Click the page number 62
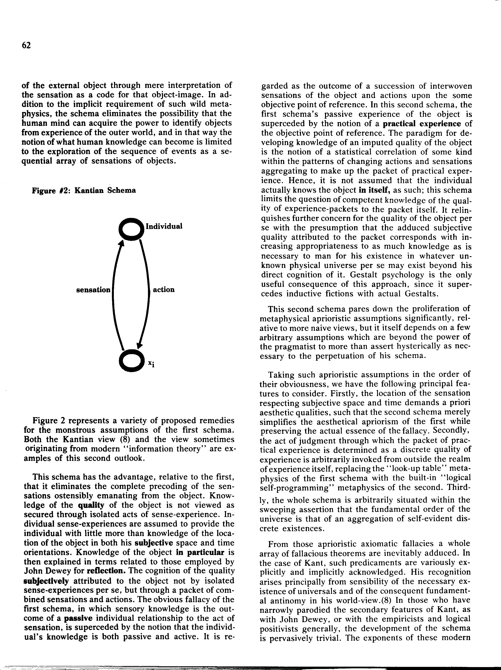pos(26,45)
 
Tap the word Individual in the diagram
pos(164,226)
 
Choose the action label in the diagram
pos(164,289)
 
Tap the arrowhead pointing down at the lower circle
pos(139,345)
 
